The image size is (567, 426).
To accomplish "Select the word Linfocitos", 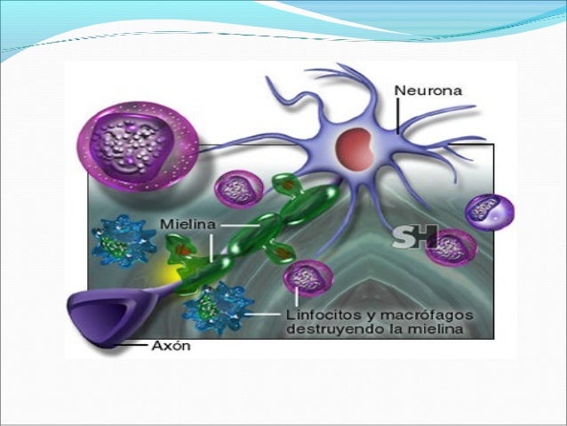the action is click(318, 315).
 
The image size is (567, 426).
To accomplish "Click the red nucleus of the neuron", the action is click(355, 147).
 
